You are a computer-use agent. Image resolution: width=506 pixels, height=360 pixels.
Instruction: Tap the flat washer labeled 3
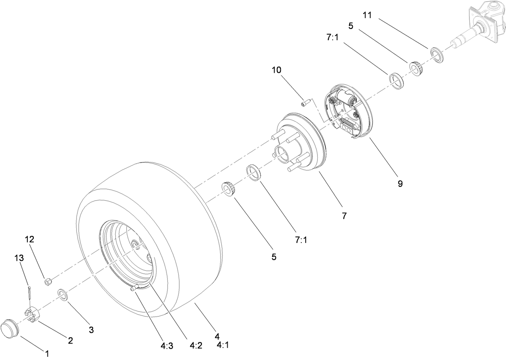click(63, 294)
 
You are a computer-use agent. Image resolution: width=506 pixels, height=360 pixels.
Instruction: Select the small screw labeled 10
click(305, 104)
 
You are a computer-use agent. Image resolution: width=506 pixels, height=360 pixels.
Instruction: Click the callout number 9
click(399, 183)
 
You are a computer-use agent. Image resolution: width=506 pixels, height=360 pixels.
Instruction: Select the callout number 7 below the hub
click(344, 216)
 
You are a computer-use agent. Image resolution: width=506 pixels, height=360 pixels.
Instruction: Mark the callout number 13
click(19, 259)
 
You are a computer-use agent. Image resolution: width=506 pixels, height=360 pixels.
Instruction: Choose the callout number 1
click(47, 354)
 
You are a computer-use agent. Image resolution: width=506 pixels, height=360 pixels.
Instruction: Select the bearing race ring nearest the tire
click(254, 173)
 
